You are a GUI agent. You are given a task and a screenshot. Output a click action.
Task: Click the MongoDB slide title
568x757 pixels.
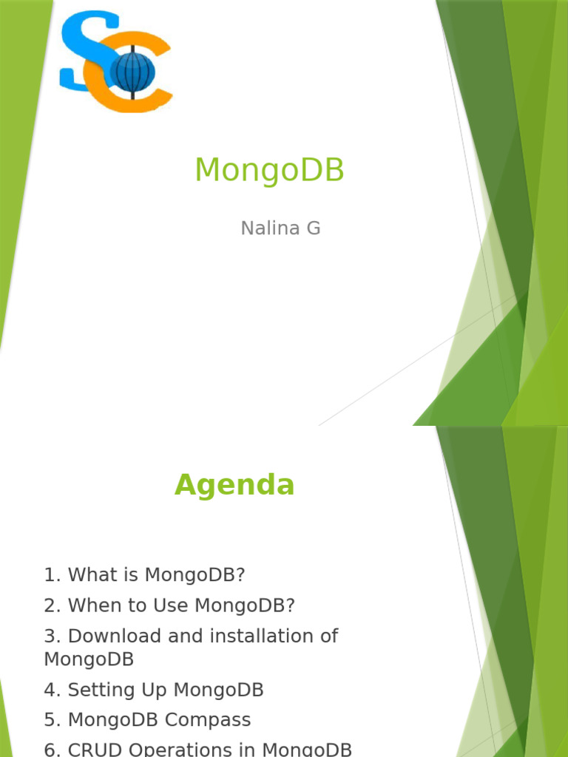click(269, 171)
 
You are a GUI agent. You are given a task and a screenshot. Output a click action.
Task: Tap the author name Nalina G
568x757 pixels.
click(280, 228)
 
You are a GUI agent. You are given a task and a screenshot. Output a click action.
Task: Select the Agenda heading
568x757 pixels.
click(234, 485)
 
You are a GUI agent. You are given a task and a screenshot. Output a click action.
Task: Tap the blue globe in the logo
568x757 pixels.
click(132, 72)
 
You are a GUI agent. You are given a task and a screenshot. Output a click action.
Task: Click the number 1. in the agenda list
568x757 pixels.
click(52, 574)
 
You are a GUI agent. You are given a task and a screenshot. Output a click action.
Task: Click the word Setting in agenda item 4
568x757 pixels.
click(96, 690)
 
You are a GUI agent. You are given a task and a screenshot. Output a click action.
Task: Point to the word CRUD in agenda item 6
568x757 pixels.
click(92, 749)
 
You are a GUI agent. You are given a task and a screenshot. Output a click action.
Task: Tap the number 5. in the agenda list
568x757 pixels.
click(52, 720)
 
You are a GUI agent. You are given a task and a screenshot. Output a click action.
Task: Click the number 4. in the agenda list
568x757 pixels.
click(52, 690)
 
